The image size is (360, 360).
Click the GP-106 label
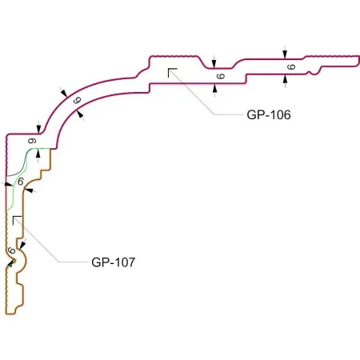pos(269,115)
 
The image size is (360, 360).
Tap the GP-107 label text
pos(113,262)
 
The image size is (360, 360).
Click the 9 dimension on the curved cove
pos(77,100)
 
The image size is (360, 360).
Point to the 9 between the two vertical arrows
pos(32,141)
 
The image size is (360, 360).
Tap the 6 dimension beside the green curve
pos(21,182)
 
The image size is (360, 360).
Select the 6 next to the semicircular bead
pos(11,250)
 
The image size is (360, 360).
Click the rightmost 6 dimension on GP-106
pos(291,66)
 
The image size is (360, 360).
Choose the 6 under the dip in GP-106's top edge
pos(221,76)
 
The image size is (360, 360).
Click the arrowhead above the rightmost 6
pos(285,54)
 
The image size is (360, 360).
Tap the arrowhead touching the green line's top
pos(38,154)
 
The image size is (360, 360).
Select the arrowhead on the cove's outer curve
pos(64,93)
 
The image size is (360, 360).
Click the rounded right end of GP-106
pos(358,61)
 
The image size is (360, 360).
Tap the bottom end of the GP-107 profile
pos(10,314)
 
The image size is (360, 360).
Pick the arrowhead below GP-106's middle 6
pos(214,88)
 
